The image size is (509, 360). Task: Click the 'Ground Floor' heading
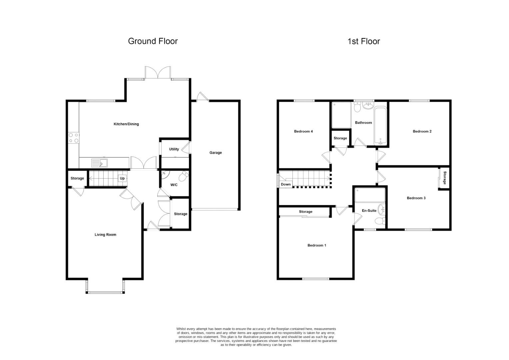[x=153, y=41]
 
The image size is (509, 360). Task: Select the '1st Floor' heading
[x=363, y=41]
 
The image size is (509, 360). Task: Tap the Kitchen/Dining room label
[x=126, y=124]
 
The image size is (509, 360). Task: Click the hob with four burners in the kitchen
[x=74, y=138]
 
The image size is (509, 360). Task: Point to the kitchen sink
[x=100, y=163]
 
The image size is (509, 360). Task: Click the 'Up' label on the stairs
[x=122, y=178]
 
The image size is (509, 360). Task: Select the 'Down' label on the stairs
[x=286, y=184]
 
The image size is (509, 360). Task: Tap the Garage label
[x=216, y=153]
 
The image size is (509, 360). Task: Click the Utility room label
[x=174, y=149]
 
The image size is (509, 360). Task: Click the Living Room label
[x=105, y=235]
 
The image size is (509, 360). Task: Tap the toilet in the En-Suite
[x=379, y=221]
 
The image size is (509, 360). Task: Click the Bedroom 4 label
[x=303, y=131]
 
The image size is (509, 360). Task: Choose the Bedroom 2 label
[x=422, y=131]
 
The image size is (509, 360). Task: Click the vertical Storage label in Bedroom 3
[x=444, y=178]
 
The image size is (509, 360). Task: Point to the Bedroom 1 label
[x=316, y=245]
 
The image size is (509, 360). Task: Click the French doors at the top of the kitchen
[x=158, y=72]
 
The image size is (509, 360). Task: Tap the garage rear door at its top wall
[x=202, y=97]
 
